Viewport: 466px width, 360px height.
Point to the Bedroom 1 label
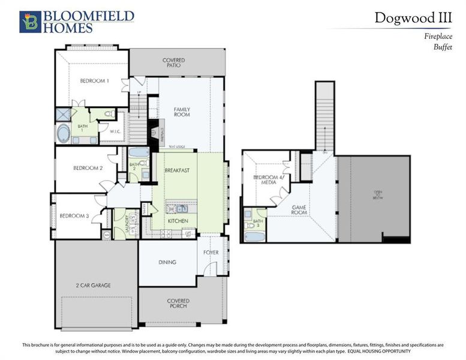pyautogui.click(x=95, y=81)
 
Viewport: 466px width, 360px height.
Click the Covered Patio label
pyautogui.click(x=173, y=63)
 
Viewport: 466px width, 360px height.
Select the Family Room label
pyautogui.click(x=182, y=112)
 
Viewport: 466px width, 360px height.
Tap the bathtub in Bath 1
pyautogui.click(x=64, y=133)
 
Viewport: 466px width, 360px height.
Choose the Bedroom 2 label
pyautogui.click(x=88, y=168)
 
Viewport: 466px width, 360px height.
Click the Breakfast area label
pyautogui.click(x=177, y=170)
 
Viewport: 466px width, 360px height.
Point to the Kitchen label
pyautogui.click(x=178, y=221)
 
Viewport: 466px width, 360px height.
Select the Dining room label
pyautogui.click(x=167, y=262)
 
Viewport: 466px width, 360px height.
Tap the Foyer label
pyautogui.click(x=211, y=253)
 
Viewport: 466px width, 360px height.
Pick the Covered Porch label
pyautogui.click(x=178, y=304)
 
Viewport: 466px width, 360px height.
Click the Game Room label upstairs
pyautogui.click(x=299, y=209)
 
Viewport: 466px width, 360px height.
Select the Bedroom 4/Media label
pyautogui.click(x=267, y=181)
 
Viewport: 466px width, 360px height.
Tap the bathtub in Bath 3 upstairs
pyautogui.click(x=254, y=236)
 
